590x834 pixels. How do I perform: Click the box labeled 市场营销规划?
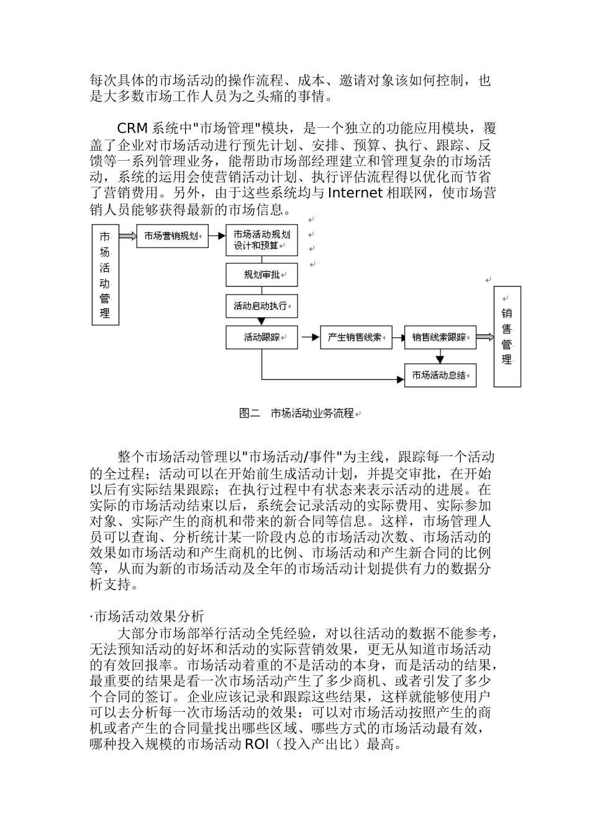(172, 236)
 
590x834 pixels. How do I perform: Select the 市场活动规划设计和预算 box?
(261, 240)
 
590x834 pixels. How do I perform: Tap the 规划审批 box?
(261, 274)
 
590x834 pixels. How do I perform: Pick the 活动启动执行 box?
(261, 306)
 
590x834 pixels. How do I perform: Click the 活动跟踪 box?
(261, 338)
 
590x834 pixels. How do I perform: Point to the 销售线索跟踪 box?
(440, 338)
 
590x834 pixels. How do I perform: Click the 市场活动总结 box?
(440, 375)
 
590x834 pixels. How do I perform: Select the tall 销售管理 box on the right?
(507, 336)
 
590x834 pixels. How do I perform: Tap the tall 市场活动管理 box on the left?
(105, 274)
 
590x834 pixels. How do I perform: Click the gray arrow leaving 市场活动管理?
(127, 236)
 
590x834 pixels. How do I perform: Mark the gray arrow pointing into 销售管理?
(485, 337)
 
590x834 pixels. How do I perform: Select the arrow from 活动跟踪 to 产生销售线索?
(309, 338)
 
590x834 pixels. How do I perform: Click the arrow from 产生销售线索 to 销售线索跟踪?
(397, 338)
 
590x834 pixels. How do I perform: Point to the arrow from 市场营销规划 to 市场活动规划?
(217, 236)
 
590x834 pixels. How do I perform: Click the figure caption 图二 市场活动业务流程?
(296, 413)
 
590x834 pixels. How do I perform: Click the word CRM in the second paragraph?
(132, 128)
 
